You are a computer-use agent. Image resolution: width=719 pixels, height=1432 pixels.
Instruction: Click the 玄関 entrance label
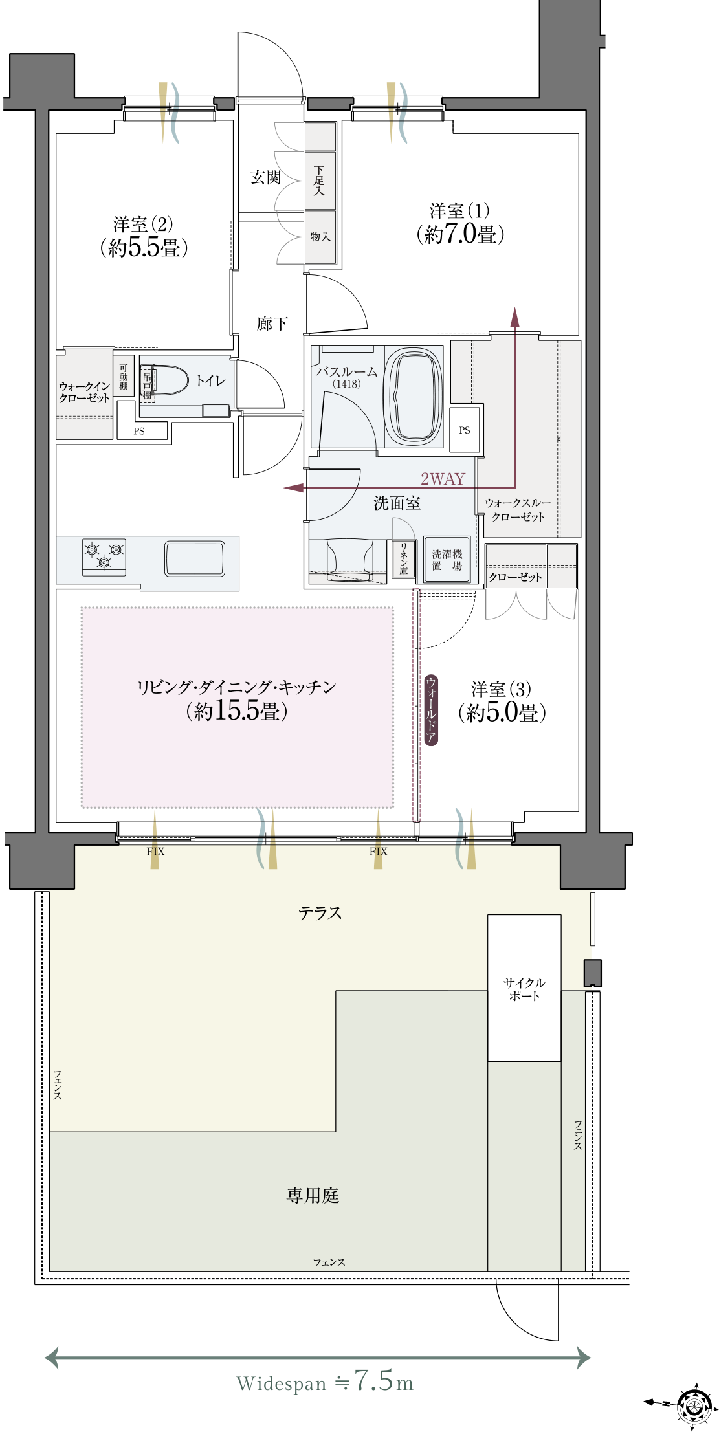click(265, 177)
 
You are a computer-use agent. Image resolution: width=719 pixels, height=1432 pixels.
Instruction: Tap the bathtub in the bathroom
click(413, 395)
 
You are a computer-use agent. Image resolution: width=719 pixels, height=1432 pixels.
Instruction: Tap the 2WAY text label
click(443, 479)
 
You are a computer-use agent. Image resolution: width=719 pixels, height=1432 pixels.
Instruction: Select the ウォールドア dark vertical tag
click(431, 710)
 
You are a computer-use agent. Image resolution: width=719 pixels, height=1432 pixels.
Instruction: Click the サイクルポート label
click(524, 989)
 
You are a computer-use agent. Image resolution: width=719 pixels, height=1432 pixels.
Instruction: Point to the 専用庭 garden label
click(313, 1195)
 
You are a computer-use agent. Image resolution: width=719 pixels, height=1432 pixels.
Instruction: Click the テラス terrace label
click(320, 913)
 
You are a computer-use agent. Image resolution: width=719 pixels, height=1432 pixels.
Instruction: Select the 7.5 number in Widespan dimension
click(373, 1380)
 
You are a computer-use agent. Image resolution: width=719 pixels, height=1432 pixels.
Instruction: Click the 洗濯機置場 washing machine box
click(447, 560)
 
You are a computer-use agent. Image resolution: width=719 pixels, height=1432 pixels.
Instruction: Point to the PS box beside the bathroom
click(465, 430)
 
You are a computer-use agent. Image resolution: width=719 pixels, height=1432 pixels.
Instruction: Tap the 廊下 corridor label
click(272, 324)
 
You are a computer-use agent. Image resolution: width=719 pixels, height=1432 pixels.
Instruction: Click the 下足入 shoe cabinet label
click(319, 181)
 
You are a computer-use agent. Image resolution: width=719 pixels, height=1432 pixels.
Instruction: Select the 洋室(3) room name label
click(502, 689)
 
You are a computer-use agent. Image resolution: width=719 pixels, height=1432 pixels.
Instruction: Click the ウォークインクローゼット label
click(85, 392)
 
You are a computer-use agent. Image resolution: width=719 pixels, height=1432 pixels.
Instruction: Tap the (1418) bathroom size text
click(346, 384)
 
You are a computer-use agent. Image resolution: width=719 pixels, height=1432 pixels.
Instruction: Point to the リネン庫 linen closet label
click(403, 559)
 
